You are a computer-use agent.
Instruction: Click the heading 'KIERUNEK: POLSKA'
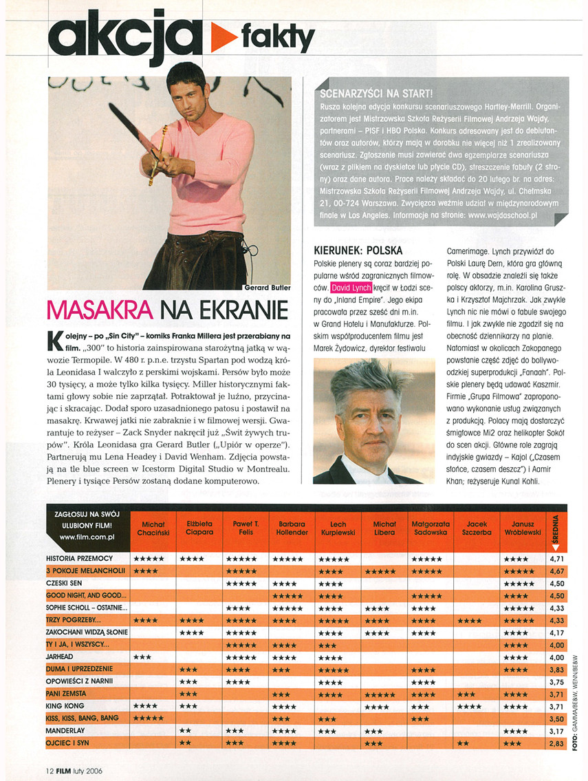(358, 250)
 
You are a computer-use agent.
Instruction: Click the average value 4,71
(557, 559)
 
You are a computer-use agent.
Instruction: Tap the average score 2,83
(557, 744)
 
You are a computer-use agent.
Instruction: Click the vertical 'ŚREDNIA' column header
(556, 528)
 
